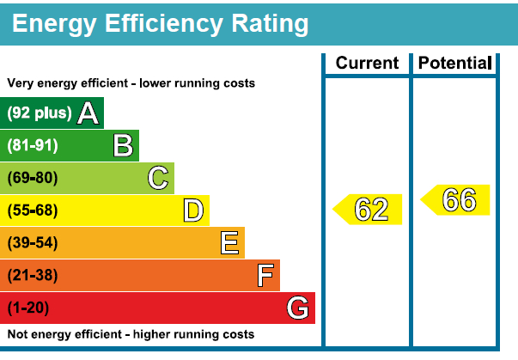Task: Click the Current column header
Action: click(x=367, y=63)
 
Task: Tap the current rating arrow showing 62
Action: click(x=369, y=210)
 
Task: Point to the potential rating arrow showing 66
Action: click(x=456, y=199)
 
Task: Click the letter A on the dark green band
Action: click(x=87, y=113)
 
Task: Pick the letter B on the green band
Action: click(x=123, y=146)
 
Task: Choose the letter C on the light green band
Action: click(x=157, y=178)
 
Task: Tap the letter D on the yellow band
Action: click(x=193, y=211)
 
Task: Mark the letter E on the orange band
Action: click(x=229, y=243)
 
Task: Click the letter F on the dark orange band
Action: click(x=265, y=276)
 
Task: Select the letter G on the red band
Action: click(x=298, y=308)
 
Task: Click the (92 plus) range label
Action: click(x=40, y=113)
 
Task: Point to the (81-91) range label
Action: click(x=33, y=146)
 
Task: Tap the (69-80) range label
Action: click(x=33, y=178)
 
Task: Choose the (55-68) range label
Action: click(x=33, y=211)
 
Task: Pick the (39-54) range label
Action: click(x=33, y=243)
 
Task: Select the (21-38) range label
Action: click(x=33, y=276)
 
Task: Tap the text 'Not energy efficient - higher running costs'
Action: click(x=131, y=334)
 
